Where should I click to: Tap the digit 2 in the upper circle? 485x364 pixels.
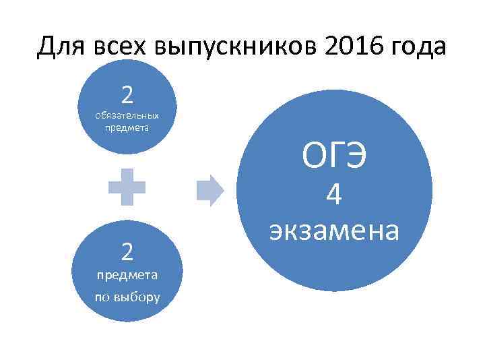click(x=127, y=95)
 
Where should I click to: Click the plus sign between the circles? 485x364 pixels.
click(x=127, y=187)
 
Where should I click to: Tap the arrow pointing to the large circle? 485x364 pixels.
click(x=209, y=191)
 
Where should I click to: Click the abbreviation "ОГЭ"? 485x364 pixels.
click(x=334, y=156)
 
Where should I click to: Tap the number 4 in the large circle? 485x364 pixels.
click(x=334, y=196)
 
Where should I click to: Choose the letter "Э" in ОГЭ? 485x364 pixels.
click(x=356, y=156)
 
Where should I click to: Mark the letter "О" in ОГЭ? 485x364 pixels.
click(x=313, y=156)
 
